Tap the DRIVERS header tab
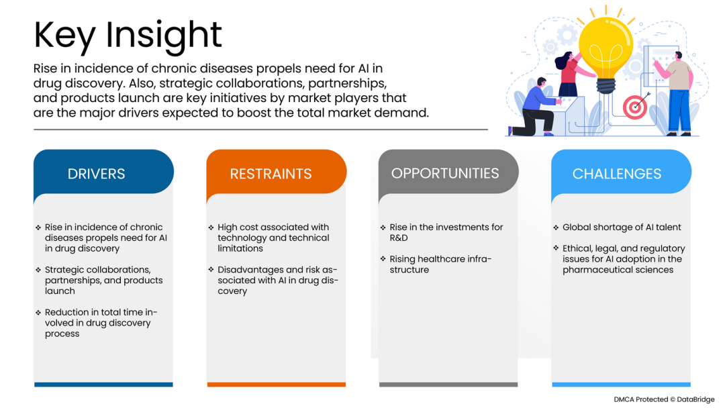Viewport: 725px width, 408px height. tap(103, 172)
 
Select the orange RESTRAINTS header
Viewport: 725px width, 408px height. tap(277, 172)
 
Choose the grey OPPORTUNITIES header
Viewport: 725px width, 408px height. tap(448, 172)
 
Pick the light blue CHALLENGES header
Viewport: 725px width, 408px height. tap(621, 172)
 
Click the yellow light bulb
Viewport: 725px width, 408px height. tap(606, 51)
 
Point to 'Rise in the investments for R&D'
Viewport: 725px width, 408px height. tap(442, 232)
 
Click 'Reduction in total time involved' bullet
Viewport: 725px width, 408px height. tap(97, 323)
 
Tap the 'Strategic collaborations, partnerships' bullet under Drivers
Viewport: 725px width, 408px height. tap(99, 280)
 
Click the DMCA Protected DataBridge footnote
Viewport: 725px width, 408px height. tap(664, 400)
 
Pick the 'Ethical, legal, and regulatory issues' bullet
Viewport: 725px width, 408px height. tap(619, 259)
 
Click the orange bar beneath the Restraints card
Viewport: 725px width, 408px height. tap(277, 385)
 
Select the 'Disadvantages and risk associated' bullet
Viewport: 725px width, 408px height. tap(273, 280)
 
